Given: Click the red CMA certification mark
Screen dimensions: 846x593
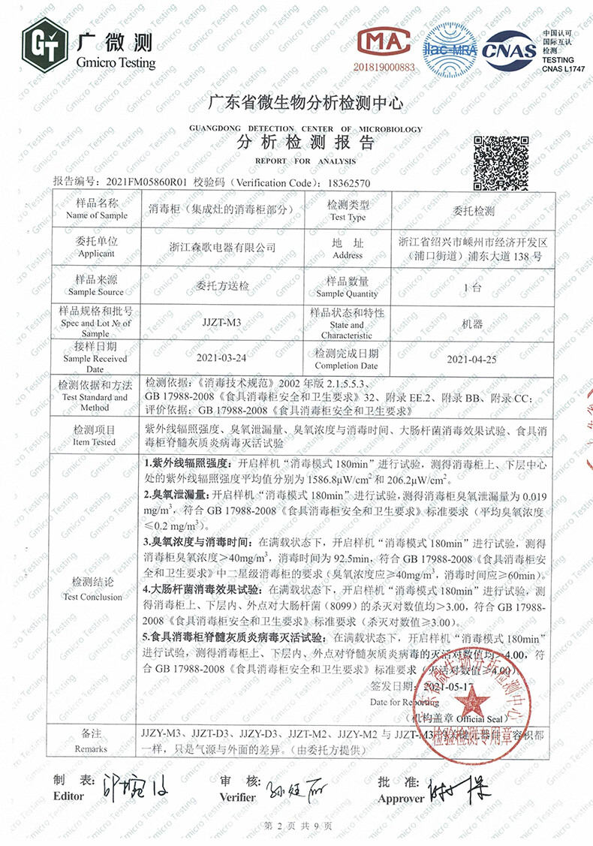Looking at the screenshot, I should pyautogui.click(x=384, y=45).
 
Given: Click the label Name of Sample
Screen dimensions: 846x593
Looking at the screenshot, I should pyautogui.click(x=97, y=215).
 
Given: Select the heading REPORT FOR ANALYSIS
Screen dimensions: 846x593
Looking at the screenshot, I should pyautogui.click(x=305, y=161).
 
